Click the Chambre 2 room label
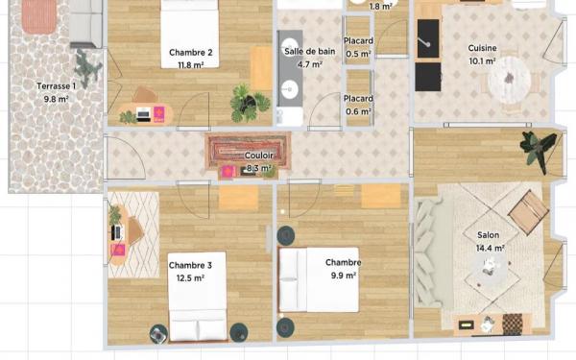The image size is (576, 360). (191, 53)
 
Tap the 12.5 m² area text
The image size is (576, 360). (190, 278)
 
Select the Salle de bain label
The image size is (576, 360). (310, 52)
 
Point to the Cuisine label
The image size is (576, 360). (482, 48)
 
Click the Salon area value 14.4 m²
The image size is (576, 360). (490, 249)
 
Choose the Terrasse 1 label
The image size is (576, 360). (57, 86)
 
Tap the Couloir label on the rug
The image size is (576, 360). (259, 156)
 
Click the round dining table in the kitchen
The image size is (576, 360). (510, 80)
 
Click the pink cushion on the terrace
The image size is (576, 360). (39, 16)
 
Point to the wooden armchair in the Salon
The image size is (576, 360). (529, 212)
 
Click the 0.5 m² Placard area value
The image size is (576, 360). (358, 55)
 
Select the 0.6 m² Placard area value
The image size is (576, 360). (358, 111)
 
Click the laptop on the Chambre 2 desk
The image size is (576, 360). (143, 115)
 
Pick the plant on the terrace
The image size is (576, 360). (86, 68)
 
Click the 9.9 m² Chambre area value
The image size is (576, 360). (343, 276)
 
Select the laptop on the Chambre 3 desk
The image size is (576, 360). (116, 232)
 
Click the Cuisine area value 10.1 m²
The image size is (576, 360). (482, 61)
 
